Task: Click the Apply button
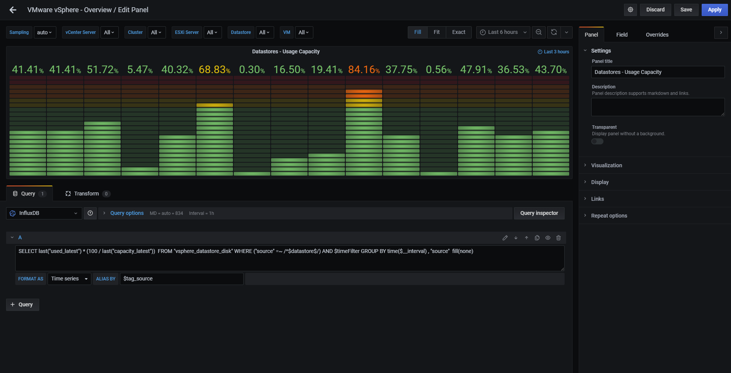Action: (714, 10)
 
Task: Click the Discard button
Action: (655, 10)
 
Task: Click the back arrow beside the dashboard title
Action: (13, 10)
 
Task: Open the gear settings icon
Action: (630, 10)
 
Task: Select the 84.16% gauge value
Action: (364, 70)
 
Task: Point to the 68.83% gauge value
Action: (214, 70)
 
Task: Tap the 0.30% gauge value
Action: (252, 70)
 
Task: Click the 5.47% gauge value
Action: (140, 70)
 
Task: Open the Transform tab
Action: (88, 194)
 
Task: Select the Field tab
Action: (622, 35)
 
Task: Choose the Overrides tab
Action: (657, 35)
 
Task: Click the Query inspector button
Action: (539, 213)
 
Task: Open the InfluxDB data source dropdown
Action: (44, 213)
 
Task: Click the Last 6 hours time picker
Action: (503, 32)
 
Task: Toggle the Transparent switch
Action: (597, 141)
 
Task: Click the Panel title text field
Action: (658, 72)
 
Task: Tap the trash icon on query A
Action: (559, 238)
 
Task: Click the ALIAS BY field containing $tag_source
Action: (182, 279)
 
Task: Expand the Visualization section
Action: (607, 165)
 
